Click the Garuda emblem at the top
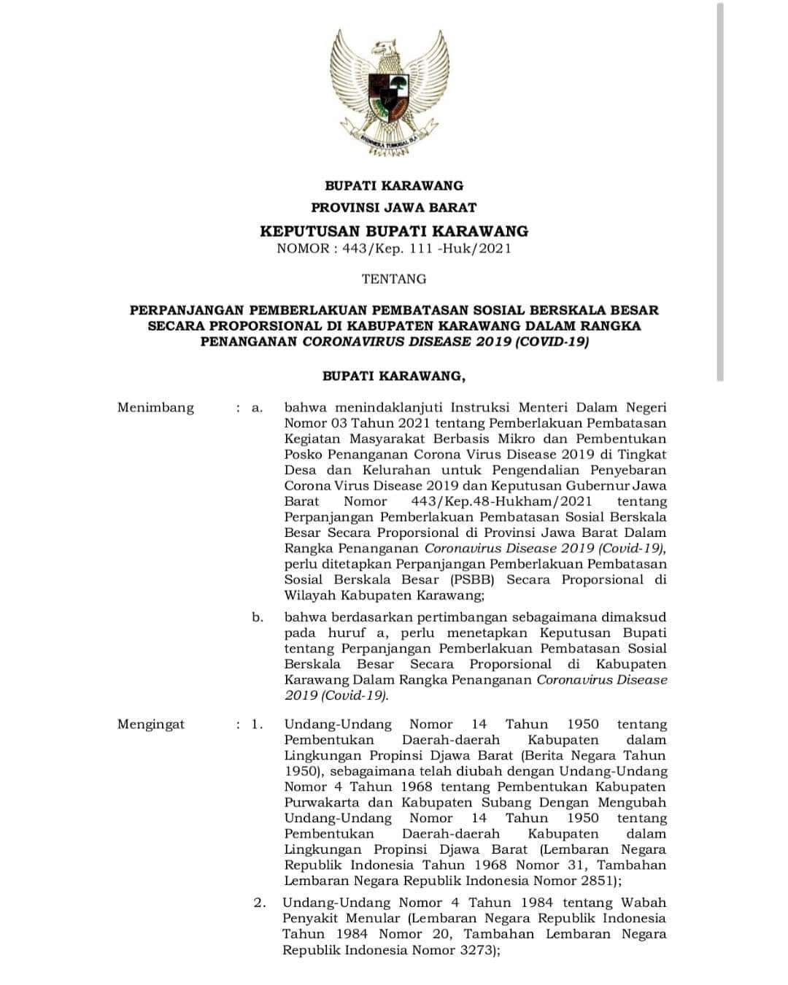(389, 93)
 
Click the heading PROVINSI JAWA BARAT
(394, 208)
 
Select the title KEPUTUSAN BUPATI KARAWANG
(394, 231)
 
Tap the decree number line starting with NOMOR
(394, 249)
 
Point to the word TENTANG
(394, 279)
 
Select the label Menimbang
(155, 408)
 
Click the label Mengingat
(151, 725)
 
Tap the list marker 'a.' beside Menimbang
(257, 408)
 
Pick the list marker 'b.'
(258, 617)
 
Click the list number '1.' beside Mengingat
(258, 725)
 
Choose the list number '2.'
(260, 903)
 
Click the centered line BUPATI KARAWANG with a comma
(394, 376)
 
